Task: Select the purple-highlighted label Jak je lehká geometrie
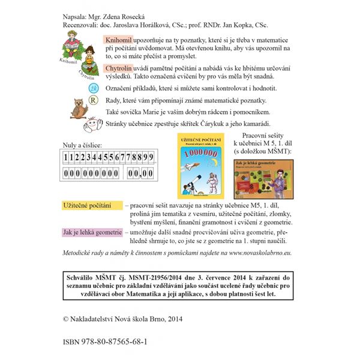pyautogui.click(x=92, y=231)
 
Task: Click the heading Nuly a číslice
pyautogui.click(x=82, y=145)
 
